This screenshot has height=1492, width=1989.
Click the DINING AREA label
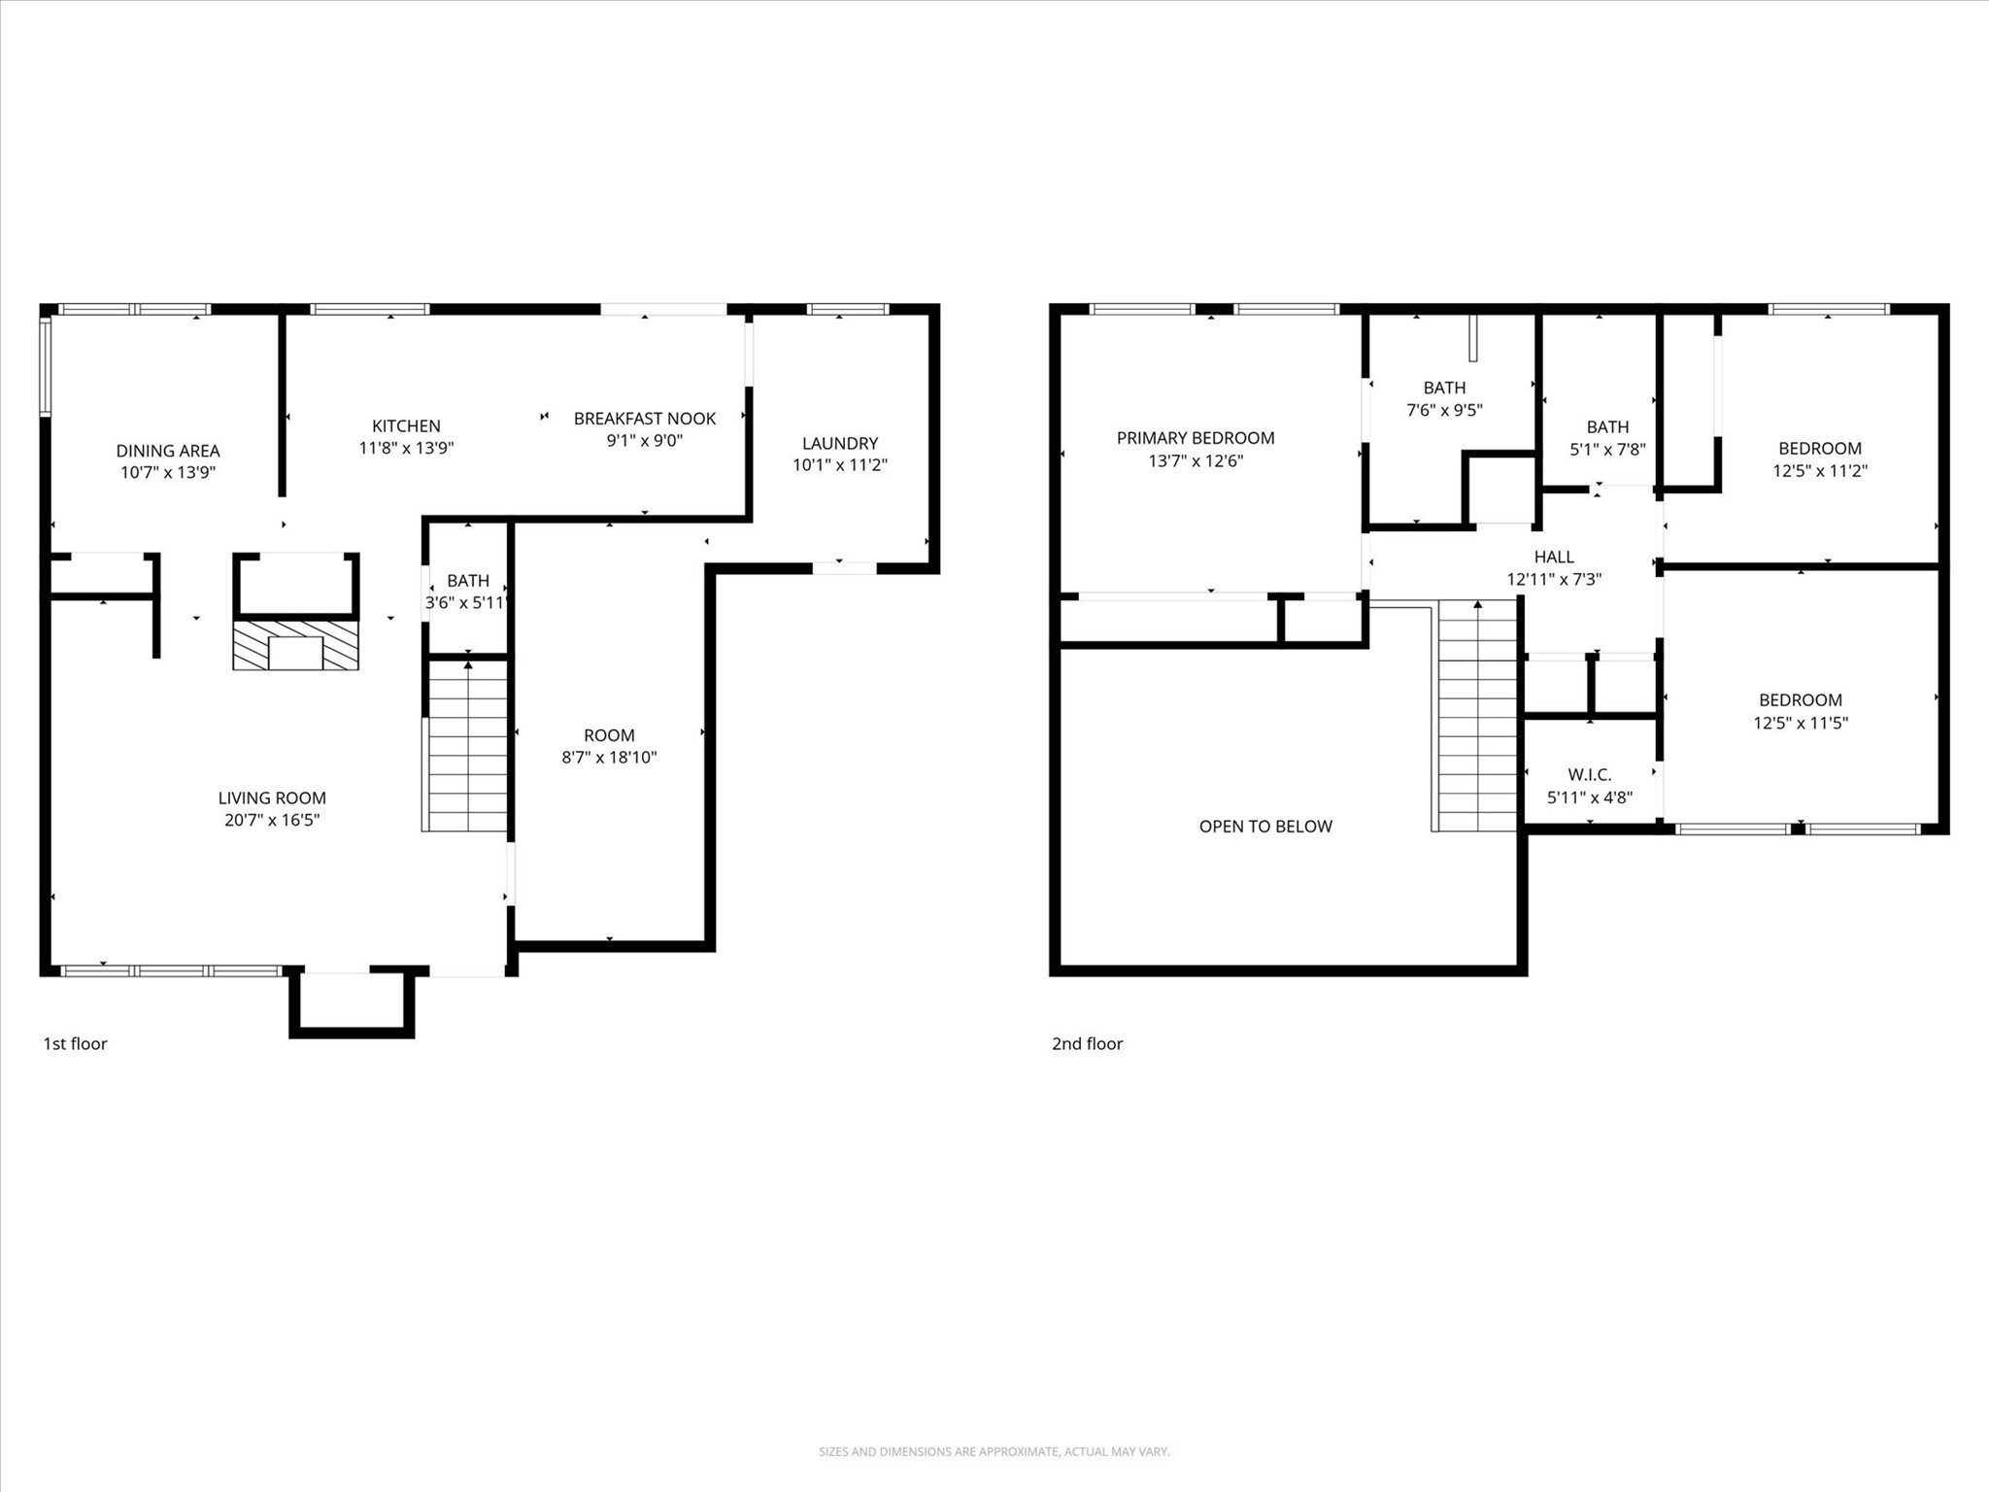pyautogui.click(x=168, y=451)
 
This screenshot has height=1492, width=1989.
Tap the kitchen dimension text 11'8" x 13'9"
pyautogui.click(x=406, y=448)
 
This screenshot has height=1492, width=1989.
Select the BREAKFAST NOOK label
pyautogui.click(x=644, y=419)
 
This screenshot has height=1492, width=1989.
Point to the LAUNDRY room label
pyautogui.click(x=839, y=443)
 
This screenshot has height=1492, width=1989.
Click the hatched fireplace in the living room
pyautogui.click(x=295, y=645)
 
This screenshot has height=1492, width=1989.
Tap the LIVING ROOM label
pyautogui.click(x=272, y=797)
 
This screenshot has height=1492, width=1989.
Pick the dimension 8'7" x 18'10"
pyautogui.click(x=609, y=758)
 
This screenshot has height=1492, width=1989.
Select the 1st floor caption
pyautogui.click(x=75, y=1043)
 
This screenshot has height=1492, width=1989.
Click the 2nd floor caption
pyautogui.click(x=1087, y=1043)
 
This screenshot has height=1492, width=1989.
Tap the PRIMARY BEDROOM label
pyautogui.click(x=1195, y=438)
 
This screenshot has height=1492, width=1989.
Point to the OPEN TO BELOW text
pyautogui.click(x=1265, y=827)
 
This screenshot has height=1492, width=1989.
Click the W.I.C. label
pyautogui.click(x=1589, y=774)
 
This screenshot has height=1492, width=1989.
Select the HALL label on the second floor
pyautogui.click(x=1554, y=557)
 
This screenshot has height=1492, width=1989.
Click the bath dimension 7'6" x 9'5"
pyautogui.click(x=1444, y=410)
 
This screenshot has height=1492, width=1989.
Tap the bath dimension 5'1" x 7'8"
pyautogui.click(x=1607, y=450)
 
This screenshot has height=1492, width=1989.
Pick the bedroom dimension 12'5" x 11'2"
pyautogui.click(x=1819, y=471)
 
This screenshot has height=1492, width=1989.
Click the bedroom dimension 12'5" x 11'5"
pyautogui.click(x=1800, y=723)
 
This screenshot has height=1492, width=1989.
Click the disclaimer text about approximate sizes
pyautogui.click(x=994, y=1451)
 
